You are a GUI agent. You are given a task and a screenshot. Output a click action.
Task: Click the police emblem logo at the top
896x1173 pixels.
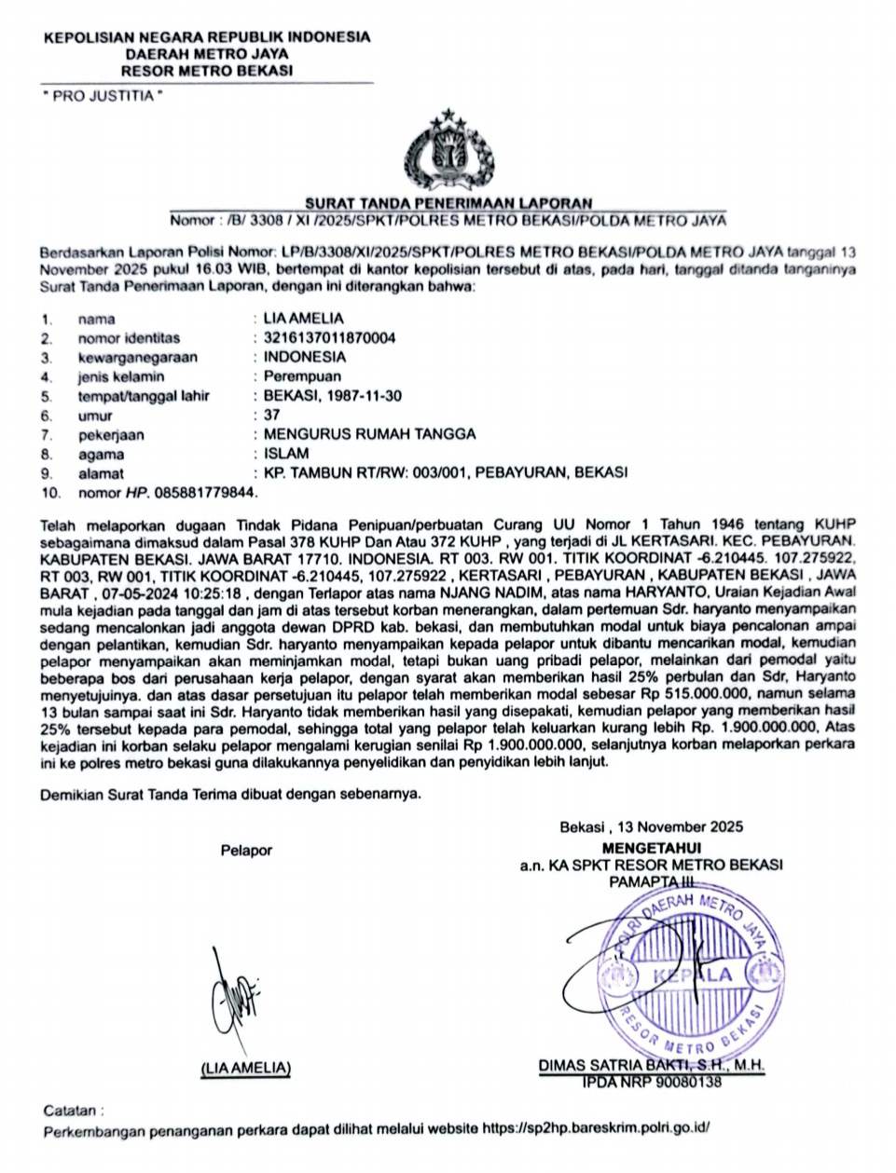[x=448, y=152]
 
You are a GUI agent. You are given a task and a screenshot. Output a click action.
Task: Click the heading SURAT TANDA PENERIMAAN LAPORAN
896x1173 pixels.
[x=448, y=203]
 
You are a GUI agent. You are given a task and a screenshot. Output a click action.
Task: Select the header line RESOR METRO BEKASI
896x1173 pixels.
[x=207, y=70]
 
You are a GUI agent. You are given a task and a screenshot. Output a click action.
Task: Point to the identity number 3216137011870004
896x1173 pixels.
[x=329, y=337]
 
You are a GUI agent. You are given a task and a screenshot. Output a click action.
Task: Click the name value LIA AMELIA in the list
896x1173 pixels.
[x=303, y=318]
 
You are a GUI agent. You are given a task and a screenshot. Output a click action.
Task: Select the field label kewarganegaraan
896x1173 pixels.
[x=137, y=357]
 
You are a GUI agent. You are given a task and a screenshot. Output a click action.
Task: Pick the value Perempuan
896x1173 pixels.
[x=302, y=376]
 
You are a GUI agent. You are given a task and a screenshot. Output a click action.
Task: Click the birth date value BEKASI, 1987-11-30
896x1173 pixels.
[x=333, y=396]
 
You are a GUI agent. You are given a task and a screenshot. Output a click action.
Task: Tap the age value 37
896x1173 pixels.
[x=272, y=416]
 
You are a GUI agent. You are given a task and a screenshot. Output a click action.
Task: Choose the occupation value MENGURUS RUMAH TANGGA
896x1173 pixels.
[x=369, y=434]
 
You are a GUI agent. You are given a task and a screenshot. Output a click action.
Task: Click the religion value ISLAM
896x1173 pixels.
[x=286, y=454]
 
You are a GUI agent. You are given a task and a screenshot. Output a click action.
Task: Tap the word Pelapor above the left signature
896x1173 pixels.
[x=246, y=850]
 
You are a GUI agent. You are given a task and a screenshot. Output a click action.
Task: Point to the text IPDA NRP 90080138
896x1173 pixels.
[x=652, y=1082]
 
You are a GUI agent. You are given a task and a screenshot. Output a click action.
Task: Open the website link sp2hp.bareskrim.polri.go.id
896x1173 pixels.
[x=596, y=1128]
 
